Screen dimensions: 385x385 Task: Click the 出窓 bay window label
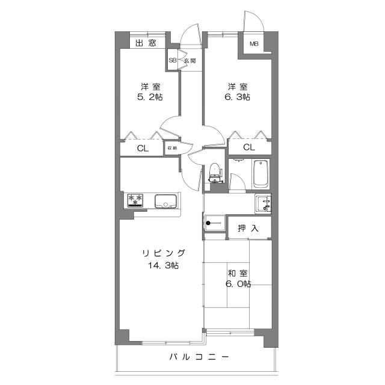coord(145,43)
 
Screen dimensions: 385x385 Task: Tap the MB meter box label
coord(254,44)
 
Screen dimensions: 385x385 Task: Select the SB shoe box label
coord(173,61)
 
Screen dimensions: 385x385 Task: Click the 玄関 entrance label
coord(189,61)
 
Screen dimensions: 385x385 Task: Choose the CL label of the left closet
coord(143,148)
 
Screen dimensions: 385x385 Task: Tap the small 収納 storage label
coord(172,147)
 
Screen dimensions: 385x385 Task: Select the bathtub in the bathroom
coord(260,174)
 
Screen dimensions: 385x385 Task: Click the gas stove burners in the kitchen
coord(135,200)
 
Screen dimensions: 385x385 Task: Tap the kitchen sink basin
coord(164,200)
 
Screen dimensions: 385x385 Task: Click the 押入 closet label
coord(248,228)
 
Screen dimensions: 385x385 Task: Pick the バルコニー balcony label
coord(199,357)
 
